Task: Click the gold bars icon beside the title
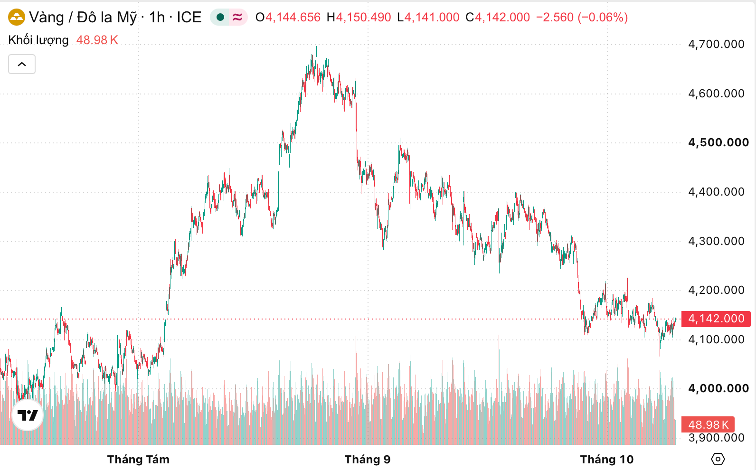point(17,17)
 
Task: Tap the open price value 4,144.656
point(293,18)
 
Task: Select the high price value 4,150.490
point(363,18)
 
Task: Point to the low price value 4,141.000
point(432,18)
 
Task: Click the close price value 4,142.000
point(502,18)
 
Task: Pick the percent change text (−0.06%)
point(603,18)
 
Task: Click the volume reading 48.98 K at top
point(97,40)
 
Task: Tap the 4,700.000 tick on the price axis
point(716,44)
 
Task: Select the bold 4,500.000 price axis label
point(718,142)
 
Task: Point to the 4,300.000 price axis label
point(716,241)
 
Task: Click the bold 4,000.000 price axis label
point(718,388)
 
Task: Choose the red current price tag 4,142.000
point(716,319)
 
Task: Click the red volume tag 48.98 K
point(708,424)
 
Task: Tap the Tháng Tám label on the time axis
point(138,460)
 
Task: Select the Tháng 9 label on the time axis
point(368,460)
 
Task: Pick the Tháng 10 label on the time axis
point(607,460)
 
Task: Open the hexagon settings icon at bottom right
point(718,459)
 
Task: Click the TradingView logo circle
point(28,415)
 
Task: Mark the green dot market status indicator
point(220,17)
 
